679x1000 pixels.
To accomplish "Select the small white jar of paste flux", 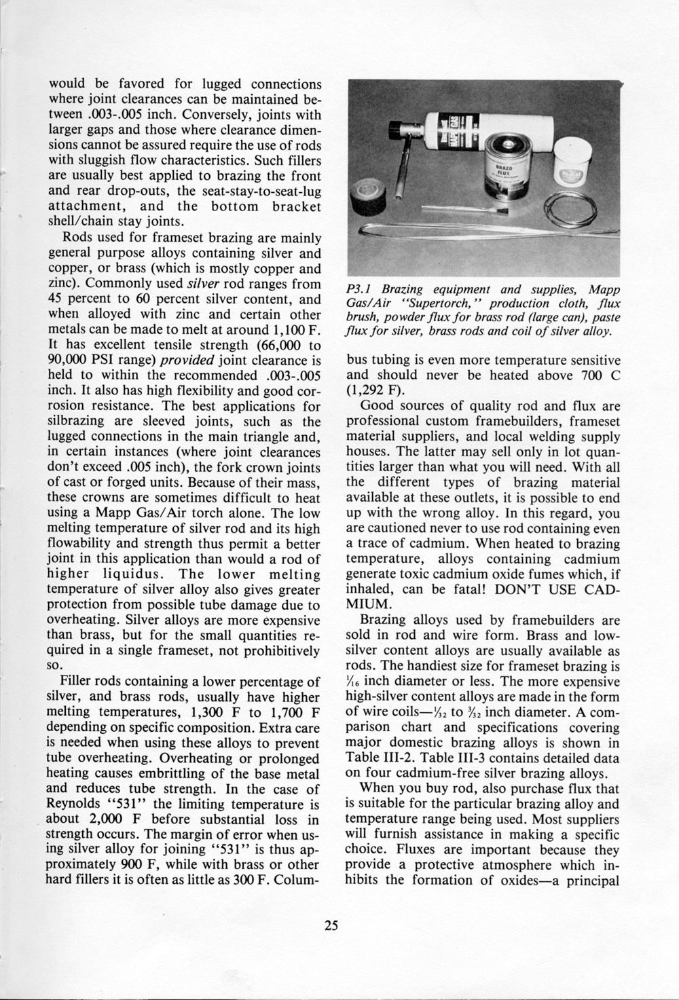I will [572, 165].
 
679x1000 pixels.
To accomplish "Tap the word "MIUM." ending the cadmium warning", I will [377, 603].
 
